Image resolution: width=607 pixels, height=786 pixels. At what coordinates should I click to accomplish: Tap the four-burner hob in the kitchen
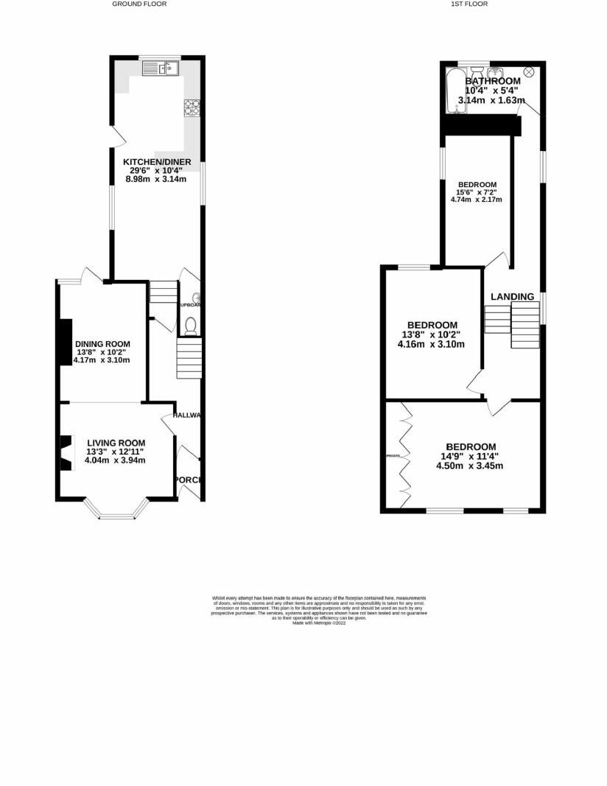[193, 108]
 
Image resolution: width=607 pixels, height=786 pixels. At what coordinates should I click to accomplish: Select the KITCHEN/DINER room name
[157, 162]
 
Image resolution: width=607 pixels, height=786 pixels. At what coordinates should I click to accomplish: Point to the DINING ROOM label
[102, 344]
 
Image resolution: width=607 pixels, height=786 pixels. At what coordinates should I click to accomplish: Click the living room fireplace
[66, 452]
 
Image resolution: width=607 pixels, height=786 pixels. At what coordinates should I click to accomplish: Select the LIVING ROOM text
[116, 442]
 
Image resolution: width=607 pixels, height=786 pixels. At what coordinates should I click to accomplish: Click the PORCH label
[188, 480]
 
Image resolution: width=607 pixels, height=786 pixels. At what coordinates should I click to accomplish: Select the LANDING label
[512, 297]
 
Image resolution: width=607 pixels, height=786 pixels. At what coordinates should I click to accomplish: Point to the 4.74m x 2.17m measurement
[477, 199]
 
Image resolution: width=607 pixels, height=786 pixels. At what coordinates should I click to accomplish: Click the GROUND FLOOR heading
[139, 4]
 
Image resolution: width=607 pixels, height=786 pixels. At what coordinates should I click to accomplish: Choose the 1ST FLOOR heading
[469, 4]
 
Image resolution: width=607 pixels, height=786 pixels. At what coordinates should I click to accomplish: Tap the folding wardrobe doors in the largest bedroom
[404, 457]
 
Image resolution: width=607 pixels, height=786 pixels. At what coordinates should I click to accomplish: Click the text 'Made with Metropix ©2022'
[319, 622]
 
